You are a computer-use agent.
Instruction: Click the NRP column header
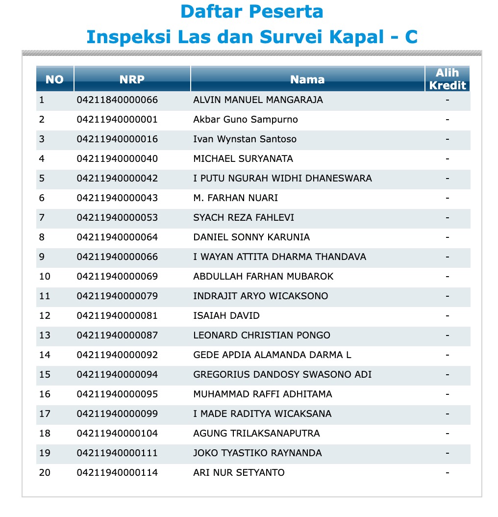click(x=132, y=79)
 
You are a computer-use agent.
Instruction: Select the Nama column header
click(x=307, y=79)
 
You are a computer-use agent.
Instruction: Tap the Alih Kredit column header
click(x=447, y=79)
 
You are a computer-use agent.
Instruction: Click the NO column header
click(x=54, y=79)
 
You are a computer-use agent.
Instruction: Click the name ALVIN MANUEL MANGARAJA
click(x=258, y=100)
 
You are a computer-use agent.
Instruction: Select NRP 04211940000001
click(x=117, y=120)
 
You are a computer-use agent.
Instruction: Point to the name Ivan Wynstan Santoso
click(x=245, y=139)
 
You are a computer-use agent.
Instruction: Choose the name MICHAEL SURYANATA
click(x=243, y=159)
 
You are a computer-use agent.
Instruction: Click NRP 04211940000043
click(x=117, y=198)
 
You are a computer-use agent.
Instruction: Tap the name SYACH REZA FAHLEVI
click(x=244, y=218)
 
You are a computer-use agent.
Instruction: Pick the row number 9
click(x=42, y=257)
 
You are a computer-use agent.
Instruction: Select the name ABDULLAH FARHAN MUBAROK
click(x=263, y=277)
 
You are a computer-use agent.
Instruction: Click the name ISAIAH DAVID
click(x=226, y=316)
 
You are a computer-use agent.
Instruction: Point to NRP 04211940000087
click(x=117, y=336)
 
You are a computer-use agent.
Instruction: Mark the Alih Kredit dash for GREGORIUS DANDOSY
click(x=447, y=375)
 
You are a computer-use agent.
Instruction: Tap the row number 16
click(x=45, y=394)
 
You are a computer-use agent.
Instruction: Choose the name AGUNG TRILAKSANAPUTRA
click(x=256, y=434)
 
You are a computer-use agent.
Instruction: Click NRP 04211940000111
click(x=117, y=453)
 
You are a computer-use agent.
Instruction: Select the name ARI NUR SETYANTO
click(x=239, y=473)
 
